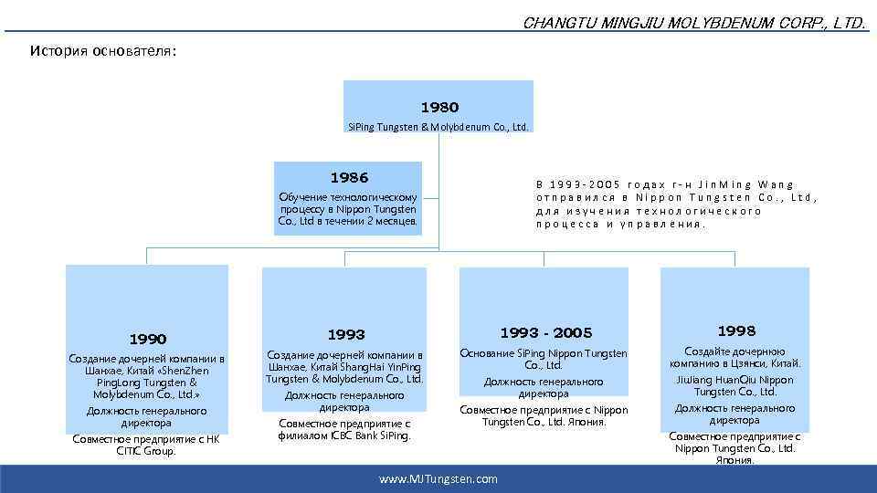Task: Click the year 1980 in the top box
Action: (439, 107)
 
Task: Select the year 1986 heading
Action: (349, 177)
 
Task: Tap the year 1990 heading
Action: (146, 339)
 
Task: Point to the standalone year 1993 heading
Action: (345, 334)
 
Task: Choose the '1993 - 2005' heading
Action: (545, 332)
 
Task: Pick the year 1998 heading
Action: (735, 330)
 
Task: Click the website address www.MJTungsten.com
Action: (438, 478)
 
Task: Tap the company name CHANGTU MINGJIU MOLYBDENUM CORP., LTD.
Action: (694, 23)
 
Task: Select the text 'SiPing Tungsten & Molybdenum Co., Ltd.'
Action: (438, 127)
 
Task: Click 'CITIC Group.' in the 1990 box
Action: (146, 451)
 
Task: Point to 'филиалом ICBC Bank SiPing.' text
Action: (344, 435)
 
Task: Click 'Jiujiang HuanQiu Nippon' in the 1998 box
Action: (735, 380)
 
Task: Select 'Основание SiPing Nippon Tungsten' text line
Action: (544, 353)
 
